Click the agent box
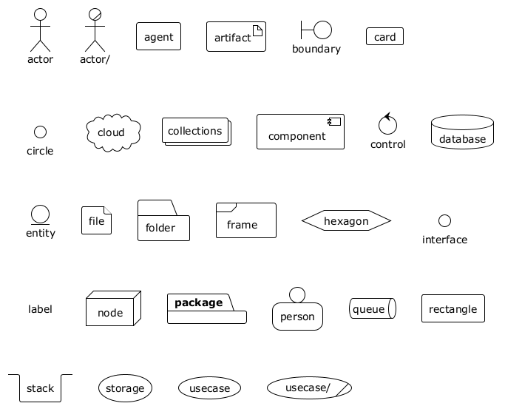click(x=158, y=36)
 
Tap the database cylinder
click(x=462, y=132)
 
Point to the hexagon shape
click(x=346, y=220)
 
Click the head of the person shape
click(x=297, y=294)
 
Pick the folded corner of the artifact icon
click(x=257, y=30)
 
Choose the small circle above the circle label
click(x=40, y=132)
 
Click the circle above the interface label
click(x=444, y=220)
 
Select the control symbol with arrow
click(x=387, y=125)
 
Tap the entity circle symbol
click(x=40, y=214)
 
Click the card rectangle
click(x=384, y=36)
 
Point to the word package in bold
click(x=198, y=302)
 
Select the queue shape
click(x=373, y=308)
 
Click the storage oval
click(x=125, y=388)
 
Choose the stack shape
click(x=40, y=388)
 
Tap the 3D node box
click(x=113, y=308)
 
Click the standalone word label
click(x=40, y=308)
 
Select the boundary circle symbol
click(x=322, y=30)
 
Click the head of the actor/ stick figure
click(x=93, y=14)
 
